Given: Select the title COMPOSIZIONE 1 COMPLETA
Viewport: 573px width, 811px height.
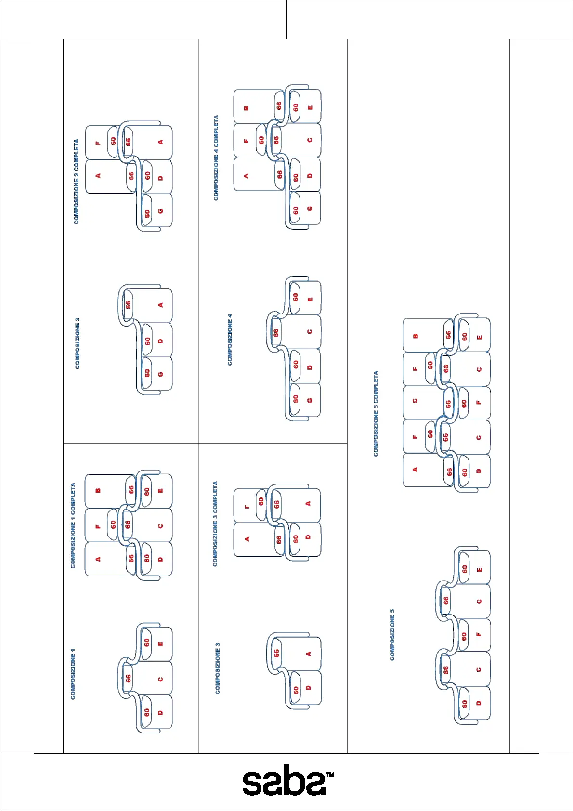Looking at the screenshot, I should [x=73, y=525].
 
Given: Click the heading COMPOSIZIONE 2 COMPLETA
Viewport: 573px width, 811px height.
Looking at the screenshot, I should [x=76, y=182].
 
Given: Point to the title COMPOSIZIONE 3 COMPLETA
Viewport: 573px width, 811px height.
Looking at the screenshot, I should [x=215, y=523].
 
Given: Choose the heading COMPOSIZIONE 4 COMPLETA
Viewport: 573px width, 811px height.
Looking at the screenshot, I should [x=216, y=157].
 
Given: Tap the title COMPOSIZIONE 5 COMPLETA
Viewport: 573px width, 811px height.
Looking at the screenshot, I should [x=376, y=413].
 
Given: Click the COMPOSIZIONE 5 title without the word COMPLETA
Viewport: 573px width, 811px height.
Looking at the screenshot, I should [x=392, y=634].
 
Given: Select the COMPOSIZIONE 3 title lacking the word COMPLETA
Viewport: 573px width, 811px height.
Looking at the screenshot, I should [x=217, y=668].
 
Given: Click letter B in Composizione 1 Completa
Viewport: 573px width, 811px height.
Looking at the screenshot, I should [x=98, y=491].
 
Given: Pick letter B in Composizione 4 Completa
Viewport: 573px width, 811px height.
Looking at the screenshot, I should [x=247, y=108].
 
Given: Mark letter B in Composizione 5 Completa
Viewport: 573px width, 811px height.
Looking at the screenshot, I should [x=416, y=336].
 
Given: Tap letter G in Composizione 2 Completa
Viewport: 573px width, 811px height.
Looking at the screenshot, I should [x=160, y=211].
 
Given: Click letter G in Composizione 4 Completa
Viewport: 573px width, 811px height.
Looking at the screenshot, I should [x=309, y=209].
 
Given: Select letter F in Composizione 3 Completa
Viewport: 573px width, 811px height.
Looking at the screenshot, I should [x=247, y=506].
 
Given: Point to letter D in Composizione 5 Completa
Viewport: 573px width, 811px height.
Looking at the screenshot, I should [x=479, y=471].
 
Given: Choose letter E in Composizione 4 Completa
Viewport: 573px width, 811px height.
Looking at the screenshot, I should [x=310, y=107].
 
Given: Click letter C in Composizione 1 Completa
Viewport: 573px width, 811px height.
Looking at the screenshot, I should [x=160, y=526].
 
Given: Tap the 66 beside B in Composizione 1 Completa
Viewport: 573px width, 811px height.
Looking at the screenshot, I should [x=131, y=489].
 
